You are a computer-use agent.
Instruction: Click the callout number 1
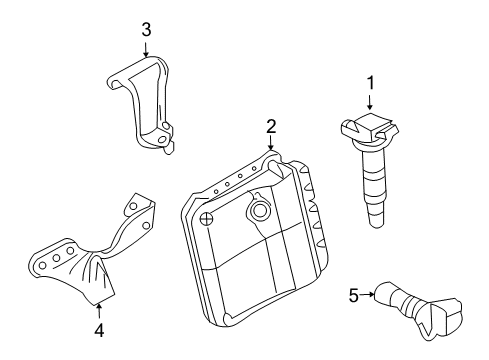pos(370,83)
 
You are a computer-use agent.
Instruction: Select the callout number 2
pos(270,126)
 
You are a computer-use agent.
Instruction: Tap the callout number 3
pos(146,30)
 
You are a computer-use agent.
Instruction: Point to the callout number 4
pos(98,327)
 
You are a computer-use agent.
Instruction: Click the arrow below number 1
pos(370,103)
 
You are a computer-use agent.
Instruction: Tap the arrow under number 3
pos(146,50)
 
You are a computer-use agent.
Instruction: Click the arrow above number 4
pos(98,306)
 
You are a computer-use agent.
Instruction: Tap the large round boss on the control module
pos(261,211)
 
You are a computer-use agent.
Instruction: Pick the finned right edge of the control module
pos(313,215)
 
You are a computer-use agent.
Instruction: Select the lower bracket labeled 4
pos(84,265)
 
